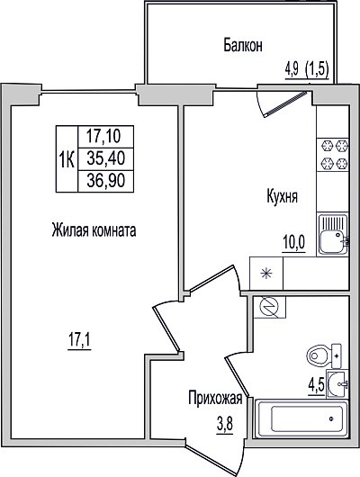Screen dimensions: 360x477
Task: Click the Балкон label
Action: [243, 45]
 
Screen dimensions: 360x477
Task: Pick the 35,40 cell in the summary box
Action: [105, 158]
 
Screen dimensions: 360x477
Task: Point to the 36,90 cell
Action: [105, 181]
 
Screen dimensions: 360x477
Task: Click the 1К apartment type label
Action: [67, 159]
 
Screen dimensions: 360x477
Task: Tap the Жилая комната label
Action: [94, 230]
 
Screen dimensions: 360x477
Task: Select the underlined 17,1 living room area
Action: [79, 341]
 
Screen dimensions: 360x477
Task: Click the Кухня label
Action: [282, 196]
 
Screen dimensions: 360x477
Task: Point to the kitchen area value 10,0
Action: [294, 243]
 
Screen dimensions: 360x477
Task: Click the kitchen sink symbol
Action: [334, 234]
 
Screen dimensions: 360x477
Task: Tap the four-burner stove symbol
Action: [333, 155]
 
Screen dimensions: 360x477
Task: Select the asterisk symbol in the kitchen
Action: [266, 274]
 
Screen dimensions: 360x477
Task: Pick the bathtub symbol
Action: [301, 419]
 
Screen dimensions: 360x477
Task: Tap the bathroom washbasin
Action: [337, 384]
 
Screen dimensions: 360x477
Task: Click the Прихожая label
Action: [215, 399]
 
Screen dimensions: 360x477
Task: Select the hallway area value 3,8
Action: [225, 424]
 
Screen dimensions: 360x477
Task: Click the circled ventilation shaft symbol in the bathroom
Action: [269, 307]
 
